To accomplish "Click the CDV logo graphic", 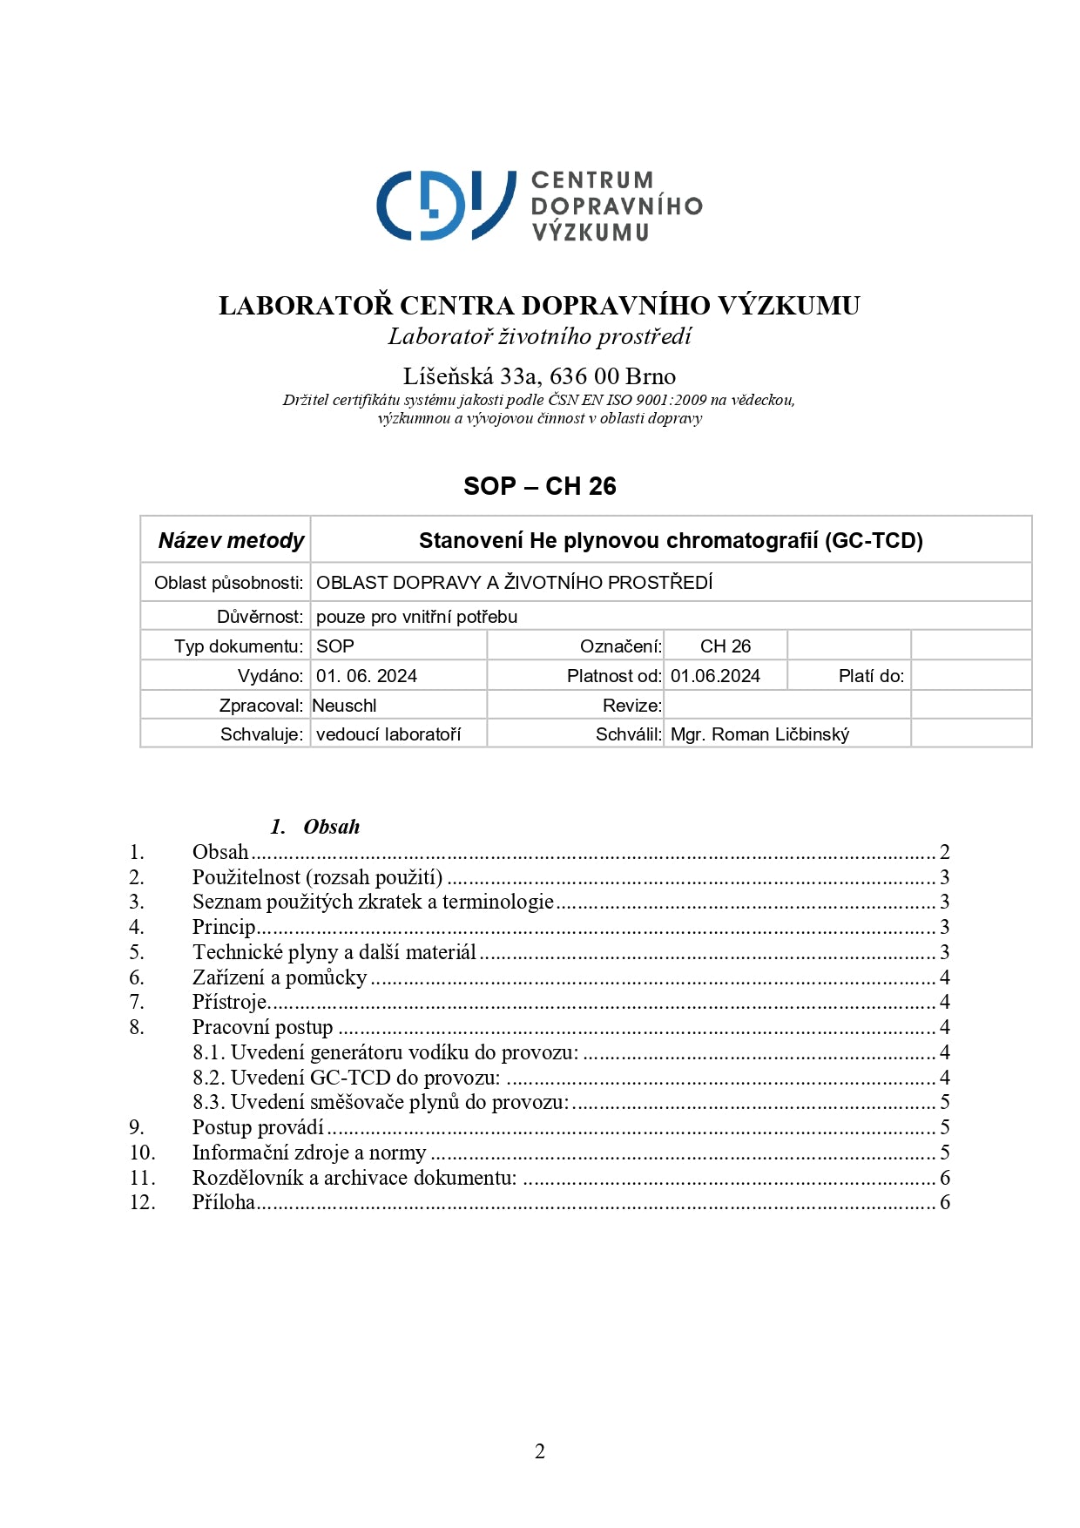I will (x=445, y=206).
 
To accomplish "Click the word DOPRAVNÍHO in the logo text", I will (x=617, y=206).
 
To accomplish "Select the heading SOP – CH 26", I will (x=539, y=486).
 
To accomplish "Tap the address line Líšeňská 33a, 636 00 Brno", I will (x=539, y=376).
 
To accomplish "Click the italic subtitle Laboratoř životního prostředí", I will (x=539, y=336).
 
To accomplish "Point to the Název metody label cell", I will (x=231, y=540).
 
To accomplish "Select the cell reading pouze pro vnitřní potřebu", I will (x=416, y=617).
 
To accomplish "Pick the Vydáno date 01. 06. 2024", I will (x=367, y=676).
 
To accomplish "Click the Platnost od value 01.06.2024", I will (x=715, y=676).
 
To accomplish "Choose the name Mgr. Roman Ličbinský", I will (x=759, y=734).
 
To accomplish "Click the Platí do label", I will (x=871, y=676).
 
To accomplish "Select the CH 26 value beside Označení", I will (x=726, y=646).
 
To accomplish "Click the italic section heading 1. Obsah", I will (x=315, y=827).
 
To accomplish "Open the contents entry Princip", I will (x=224, y=927).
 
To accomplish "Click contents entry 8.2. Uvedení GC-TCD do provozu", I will (x=347, y=1078).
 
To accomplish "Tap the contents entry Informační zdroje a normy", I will (x=309, y=1153).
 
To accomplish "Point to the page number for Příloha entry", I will (x=944, y=1202).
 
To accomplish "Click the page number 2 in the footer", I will (x=540, y=1451).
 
